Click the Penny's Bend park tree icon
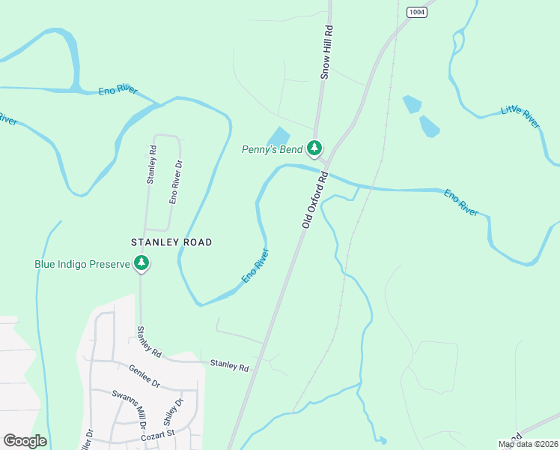tap(316, 148)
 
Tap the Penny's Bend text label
tap(273, 149)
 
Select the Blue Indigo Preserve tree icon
tap(141, 263)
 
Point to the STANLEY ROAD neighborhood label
tap(171, 242)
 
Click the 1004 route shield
tap(418, 11)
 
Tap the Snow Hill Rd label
tap(326, 51)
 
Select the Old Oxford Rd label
tap(316, 200)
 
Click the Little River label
tap(520, 116)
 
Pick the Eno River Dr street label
tap(174, 182)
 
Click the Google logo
tap(25, 441)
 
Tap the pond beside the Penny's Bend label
tap(279, 136)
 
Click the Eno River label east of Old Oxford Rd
tap(461, 202)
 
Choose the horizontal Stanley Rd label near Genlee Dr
tap(229, 366)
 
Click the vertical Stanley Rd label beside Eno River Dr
tap(151, 164)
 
